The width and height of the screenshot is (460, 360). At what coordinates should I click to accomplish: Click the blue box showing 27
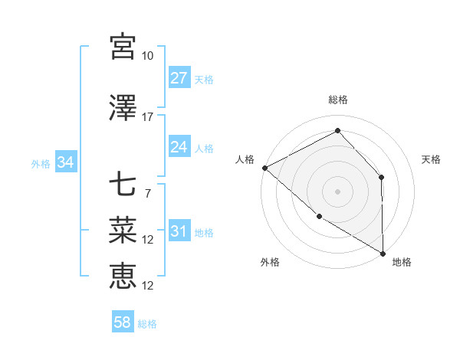(179, 78)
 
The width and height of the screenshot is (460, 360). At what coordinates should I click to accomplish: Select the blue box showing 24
(179, 147)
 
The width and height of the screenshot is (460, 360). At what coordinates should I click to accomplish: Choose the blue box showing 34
(65, 162)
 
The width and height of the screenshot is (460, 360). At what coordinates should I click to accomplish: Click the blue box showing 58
(123, 322)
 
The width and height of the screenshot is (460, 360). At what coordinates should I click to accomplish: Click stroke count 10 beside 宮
(147, 56)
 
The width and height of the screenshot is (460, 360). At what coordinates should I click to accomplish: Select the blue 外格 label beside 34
(41, 163)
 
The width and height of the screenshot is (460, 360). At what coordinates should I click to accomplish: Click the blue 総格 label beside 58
(147, 324)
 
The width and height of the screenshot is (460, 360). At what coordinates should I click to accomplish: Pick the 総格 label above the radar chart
(337, 100)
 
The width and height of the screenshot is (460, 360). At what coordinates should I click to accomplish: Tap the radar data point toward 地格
(383, 253)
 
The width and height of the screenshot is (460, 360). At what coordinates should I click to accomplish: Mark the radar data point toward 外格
(319, 217)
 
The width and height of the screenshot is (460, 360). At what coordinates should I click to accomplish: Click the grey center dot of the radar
(337, 191)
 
